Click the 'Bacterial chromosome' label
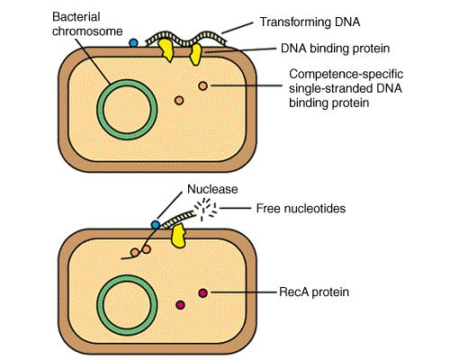pyautogui.click(x=87, y=24)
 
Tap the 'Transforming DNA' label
pyautogui.click(x=310, y=22)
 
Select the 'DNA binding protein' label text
pyautogui.click(x=335, y=49)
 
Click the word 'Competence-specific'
pyautogui.click(x=346, y=74)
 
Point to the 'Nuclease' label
pyautogui.click(x=212, y=189)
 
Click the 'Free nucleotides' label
pyautogui.click(x=301, y=208)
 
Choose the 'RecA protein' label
pyautogui.click(x=314, y=292)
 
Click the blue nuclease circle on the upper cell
pyautogui.click(x=133, y=43)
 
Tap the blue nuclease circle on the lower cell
pyautogui.click(x=156, y=225)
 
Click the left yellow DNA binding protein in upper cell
pyautogui.click(x=166, y=50)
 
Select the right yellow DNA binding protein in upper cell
pyautogui.click(x=195, y=54)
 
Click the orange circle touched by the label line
pyautogui.click(x=203, y=85)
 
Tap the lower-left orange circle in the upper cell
pyautogui.click(x=179, y=100)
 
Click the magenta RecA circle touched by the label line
pyautogui.click(x=203, y=292)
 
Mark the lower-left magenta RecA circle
pyautogui.click(x=180, y=305)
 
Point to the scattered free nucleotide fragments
pyautogui.click(x=205, y=208)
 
